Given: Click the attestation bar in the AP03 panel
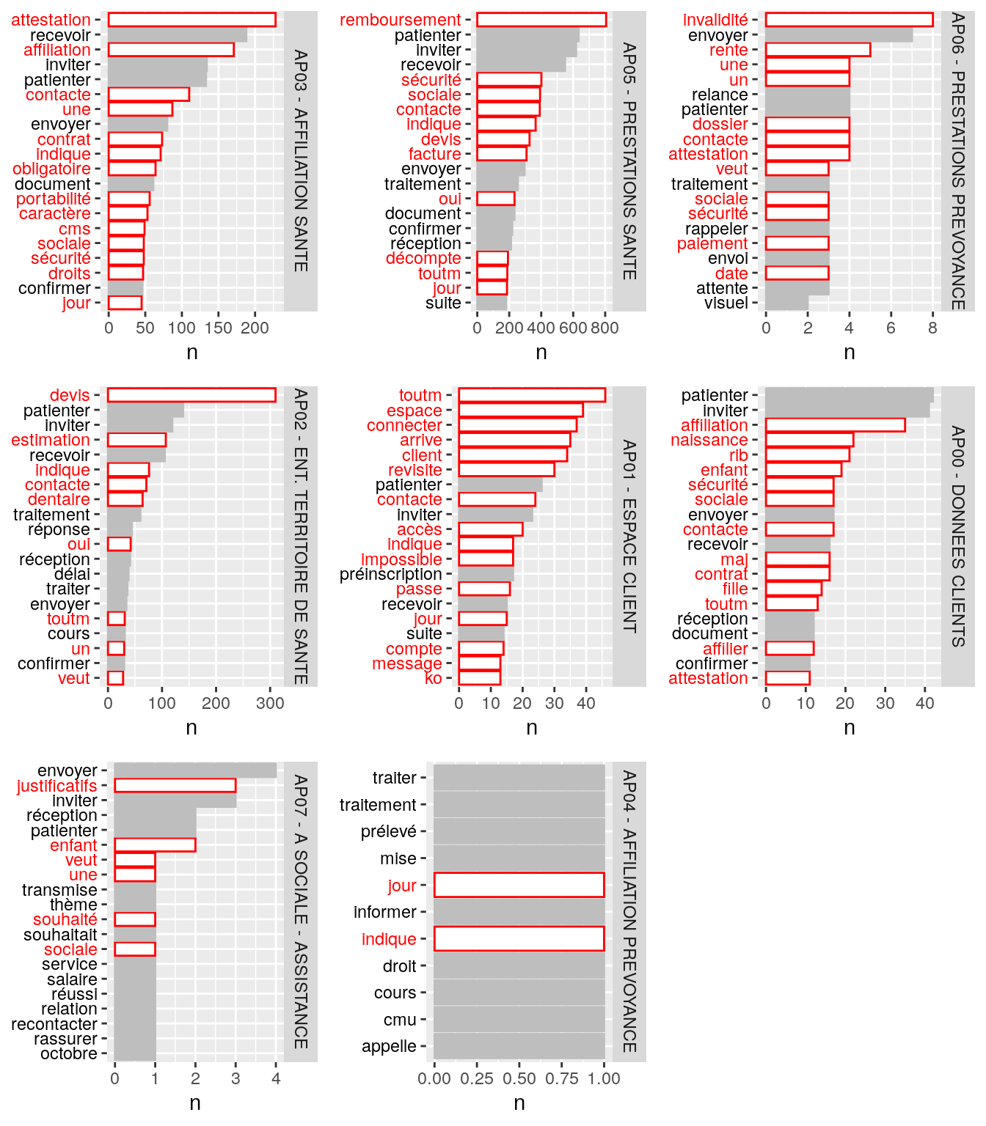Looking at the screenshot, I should point(191,20).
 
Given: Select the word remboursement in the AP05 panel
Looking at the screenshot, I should point(400,20).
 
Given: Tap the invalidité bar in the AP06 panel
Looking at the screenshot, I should point(849,20).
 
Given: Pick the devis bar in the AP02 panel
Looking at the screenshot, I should point(191,395).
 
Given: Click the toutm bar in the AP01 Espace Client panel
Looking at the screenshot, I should point(532,395).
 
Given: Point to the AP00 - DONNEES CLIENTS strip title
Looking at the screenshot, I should point(958,536).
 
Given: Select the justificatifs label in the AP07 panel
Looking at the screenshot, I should point(56,786).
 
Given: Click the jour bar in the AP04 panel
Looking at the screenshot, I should point(519,885).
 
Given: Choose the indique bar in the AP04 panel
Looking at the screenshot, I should point(519,939).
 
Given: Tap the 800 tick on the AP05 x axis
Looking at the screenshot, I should point(604,328).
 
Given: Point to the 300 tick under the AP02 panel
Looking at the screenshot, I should point(270,703).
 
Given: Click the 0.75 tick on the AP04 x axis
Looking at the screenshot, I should point(562,1078).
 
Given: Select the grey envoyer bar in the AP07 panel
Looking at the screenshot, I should point(195,770).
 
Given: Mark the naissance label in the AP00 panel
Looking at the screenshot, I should point(709,440).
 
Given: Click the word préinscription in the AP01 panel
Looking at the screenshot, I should point(390,574).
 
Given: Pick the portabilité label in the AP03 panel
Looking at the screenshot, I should point(54,199).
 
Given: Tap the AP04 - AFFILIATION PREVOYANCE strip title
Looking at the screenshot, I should point(629,911).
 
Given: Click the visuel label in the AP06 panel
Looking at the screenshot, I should point(726,303).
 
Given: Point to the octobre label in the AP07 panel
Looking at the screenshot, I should point(68,1053).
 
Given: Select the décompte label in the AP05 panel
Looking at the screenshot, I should point(423,258).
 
